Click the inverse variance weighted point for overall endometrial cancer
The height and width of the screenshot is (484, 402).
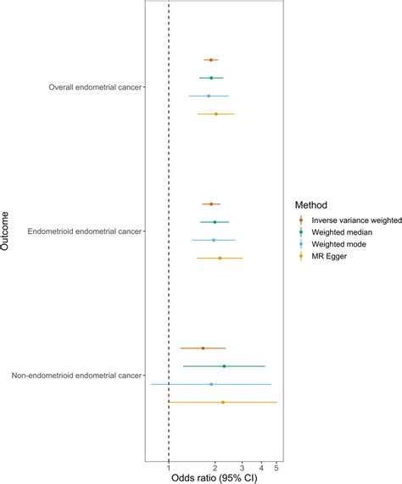210,60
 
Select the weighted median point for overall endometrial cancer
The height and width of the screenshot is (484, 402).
211,78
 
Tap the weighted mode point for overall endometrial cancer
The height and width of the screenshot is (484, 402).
209,96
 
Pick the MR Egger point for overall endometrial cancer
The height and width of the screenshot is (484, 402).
215,114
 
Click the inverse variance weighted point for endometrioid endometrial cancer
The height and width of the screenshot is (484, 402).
211,204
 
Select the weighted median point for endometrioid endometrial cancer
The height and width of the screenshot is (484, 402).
215,222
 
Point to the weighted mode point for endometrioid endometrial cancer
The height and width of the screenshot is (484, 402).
213,240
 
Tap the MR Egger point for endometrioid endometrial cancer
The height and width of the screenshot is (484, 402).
220,258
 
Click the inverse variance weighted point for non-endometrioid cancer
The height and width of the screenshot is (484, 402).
203,348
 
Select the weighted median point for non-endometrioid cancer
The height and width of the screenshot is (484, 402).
224,366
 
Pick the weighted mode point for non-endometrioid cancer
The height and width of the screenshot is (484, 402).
211,384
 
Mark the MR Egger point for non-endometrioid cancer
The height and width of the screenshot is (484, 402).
223,402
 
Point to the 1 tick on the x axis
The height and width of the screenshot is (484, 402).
169,466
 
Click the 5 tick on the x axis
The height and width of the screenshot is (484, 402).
276,466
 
